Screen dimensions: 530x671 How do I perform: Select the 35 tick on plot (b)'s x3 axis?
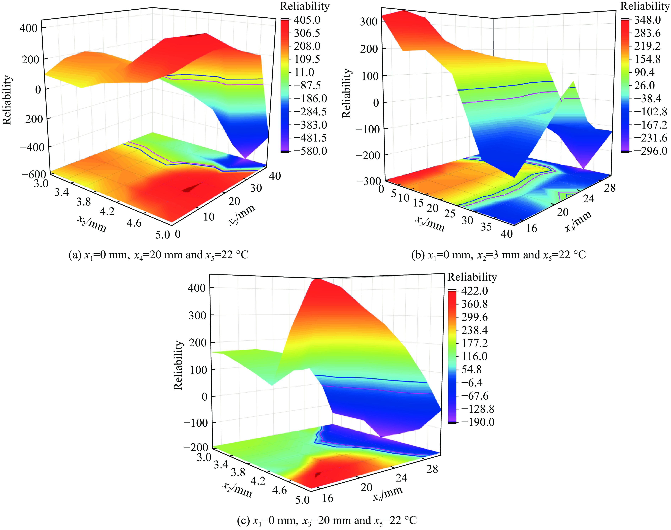coord(486,227)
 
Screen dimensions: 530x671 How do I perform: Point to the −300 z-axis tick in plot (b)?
coord(368,181)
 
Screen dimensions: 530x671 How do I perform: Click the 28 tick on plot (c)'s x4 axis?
coord(432,469)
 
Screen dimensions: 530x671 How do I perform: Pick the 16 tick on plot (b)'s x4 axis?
coord(531,228)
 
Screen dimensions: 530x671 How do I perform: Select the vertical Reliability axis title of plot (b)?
coord(347,93)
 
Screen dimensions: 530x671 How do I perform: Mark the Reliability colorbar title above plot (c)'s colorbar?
coord(472,277)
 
